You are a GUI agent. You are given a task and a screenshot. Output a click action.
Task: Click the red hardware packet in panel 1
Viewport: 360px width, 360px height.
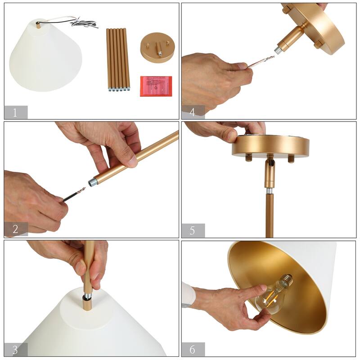156,85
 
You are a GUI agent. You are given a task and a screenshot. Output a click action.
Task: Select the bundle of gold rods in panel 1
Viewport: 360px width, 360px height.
118,58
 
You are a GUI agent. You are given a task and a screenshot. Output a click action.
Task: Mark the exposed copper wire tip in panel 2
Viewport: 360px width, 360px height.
81,191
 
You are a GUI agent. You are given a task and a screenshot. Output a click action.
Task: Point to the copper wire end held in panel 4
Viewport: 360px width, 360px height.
261,62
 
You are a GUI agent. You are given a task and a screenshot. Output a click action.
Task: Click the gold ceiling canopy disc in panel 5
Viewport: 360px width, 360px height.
270,146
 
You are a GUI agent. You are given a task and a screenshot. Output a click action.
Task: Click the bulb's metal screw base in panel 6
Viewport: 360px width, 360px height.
285,281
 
